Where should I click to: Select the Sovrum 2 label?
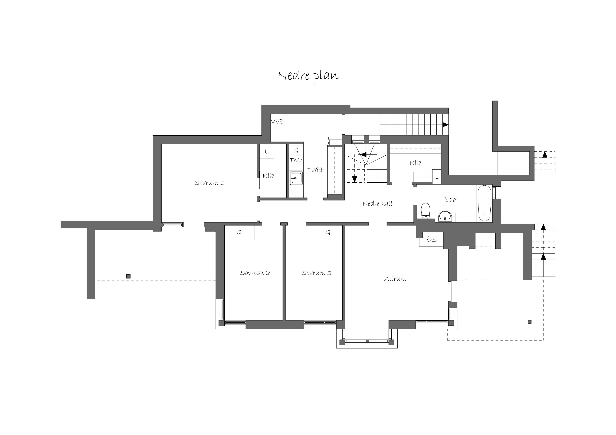[255, 273]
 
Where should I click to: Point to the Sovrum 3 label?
[316, 273]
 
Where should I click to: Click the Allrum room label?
[395, 279]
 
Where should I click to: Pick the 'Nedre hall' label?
[378, 204]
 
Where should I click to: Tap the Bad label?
[450, 199]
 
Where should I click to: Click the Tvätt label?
[315, 170]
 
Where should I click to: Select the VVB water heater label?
[277, 122]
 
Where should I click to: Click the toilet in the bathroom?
[425, 211]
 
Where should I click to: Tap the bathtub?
[484, 203]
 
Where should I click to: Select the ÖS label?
[432, 240]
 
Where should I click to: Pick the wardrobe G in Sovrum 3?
[328, 233]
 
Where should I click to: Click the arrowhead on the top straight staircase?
[445, 125]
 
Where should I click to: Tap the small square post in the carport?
[129, 276]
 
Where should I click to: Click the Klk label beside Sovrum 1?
[268, 176]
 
